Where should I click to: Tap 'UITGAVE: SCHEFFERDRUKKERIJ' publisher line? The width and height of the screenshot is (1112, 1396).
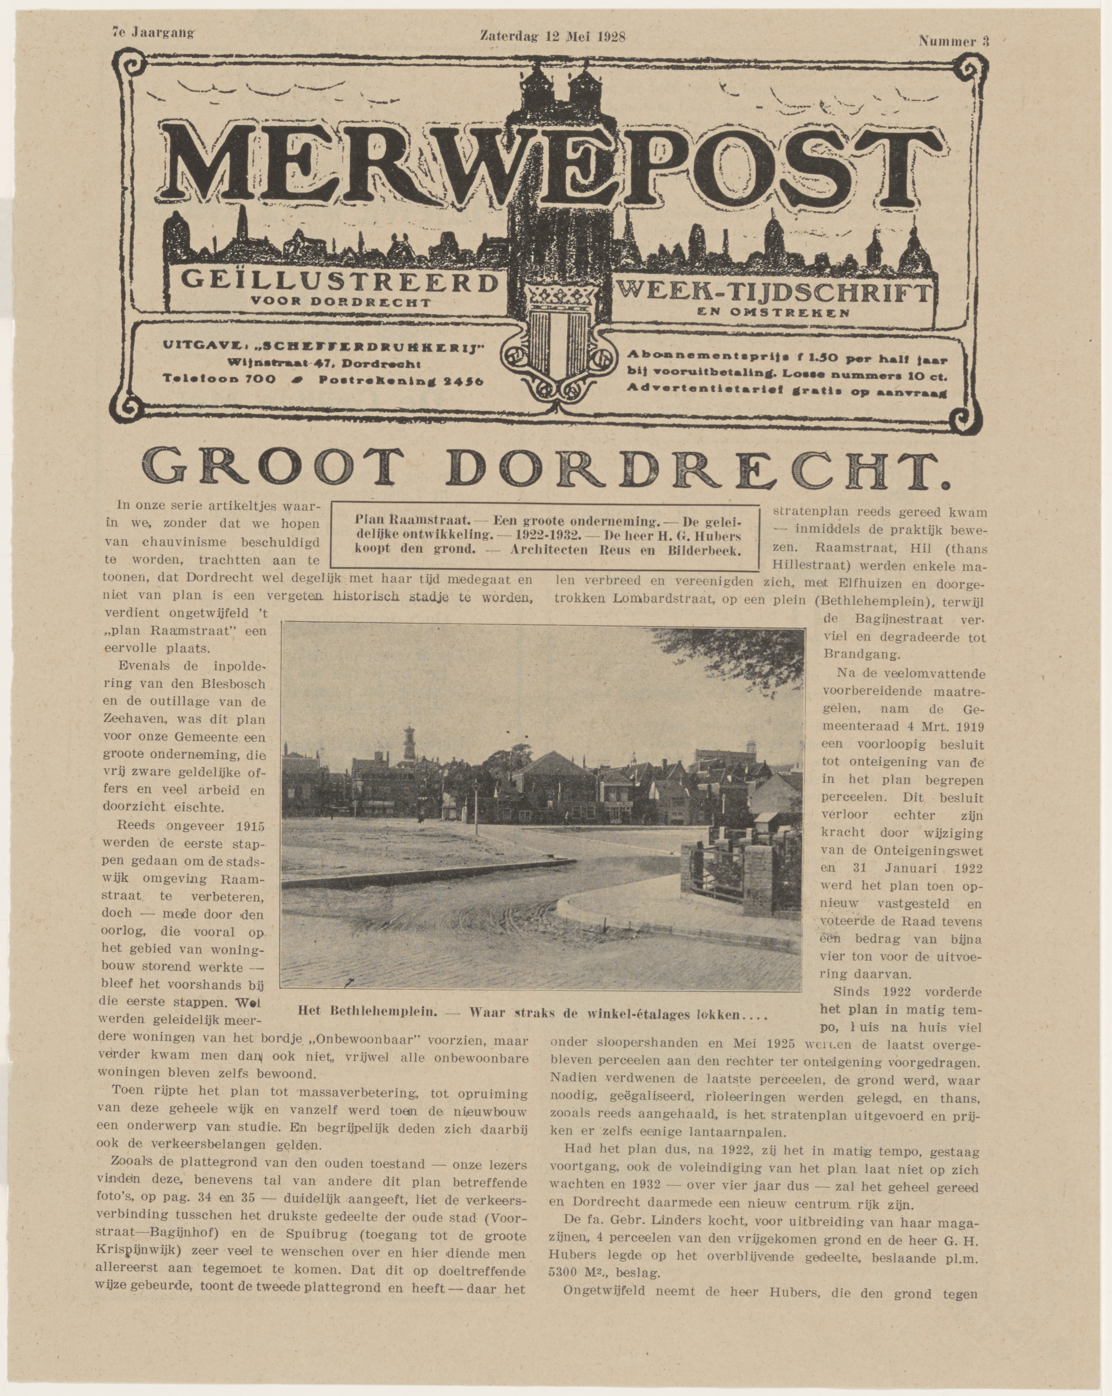click(x=325, y=348)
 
